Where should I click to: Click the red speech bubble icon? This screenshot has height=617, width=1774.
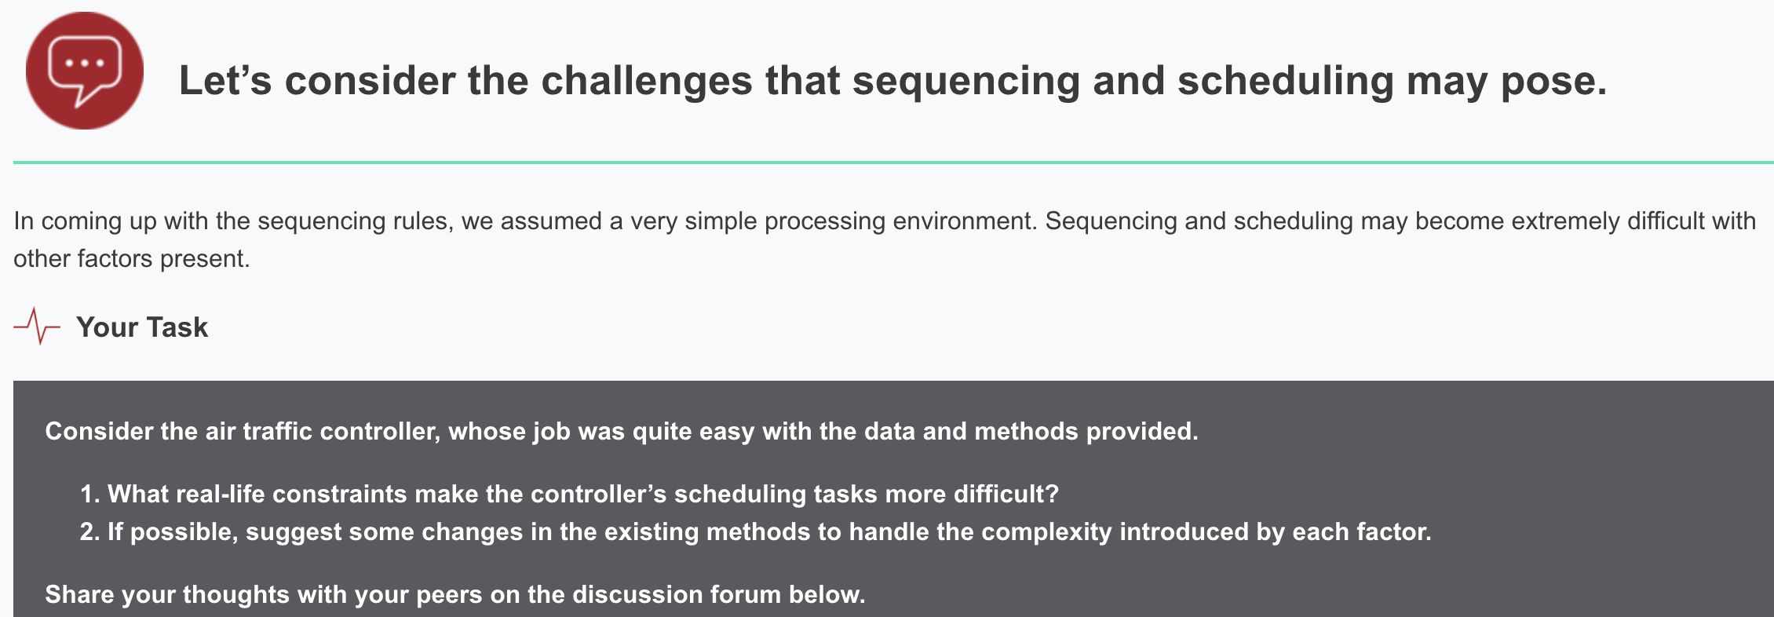click(x=85, y=71)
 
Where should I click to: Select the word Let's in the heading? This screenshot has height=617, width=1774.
click(x=224, y=81)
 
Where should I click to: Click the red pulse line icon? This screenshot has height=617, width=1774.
click(x=37, y=326)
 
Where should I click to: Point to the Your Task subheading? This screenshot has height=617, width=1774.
click(x=142, y=327)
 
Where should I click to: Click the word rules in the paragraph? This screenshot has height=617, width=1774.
click(x=422, y=221)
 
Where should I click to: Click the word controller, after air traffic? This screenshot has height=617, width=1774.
click(x=380, y=432)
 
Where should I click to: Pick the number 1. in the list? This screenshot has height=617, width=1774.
click(x=89, y=495)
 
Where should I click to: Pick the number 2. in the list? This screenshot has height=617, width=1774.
click(x=89, y=532)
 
